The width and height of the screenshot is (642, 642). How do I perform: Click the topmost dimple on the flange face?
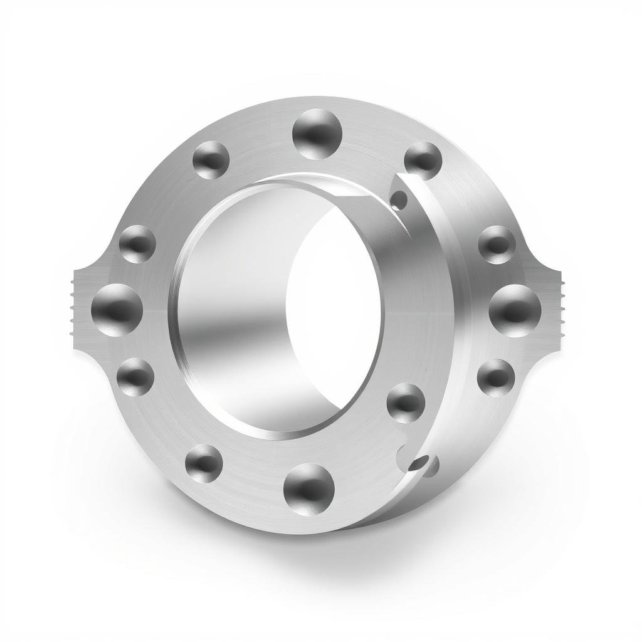pyautogui.click(x=318, y=133)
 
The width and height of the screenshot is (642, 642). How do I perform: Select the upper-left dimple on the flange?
pyautogui.click(x=211, y=159)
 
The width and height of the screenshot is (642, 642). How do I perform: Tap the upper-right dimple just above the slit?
pyautogui.click(x=423, y=160)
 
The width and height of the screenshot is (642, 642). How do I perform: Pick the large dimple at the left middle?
pyautogui.click(x=117, y=308)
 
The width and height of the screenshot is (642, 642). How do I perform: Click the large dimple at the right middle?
pyautogui.click(x=515, y=310)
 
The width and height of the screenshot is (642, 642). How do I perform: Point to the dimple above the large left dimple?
pyautogui.click(x=137, y=243)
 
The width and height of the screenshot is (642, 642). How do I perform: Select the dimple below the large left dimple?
pyautogui.click(x=135, y=376)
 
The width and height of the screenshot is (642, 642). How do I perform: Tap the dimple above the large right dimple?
pyautogui.click(x=497, y=244)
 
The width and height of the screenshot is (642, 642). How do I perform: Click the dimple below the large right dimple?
pyautogui.click(x=495, y=377)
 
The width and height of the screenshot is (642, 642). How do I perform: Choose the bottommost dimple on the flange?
pyautogui.click(x=308, y=487)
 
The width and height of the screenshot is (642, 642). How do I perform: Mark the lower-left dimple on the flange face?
pyautogui.click(x=204, y=463)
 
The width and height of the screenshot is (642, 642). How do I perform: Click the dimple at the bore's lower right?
pyautogui.click(x=406, y=402)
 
